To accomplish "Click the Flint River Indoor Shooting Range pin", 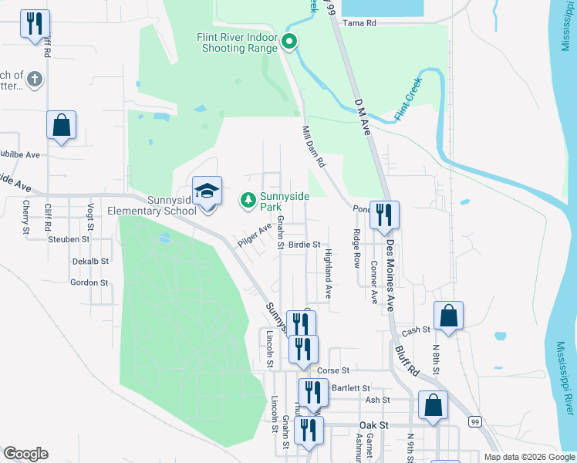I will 290,42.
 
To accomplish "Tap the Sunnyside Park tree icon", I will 248,201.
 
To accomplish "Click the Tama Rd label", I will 359,23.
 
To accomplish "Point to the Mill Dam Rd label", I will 314,147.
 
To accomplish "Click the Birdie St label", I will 304,245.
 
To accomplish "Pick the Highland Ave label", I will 328,274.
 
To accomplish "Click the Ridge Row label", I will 356,247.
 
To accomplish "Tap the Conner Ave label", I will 374,282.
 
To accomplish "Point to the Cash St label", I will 415,330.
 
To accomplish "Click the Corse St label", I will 334,370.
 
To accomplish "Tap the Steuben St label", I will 69,239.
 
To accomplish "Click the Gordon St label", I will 89,282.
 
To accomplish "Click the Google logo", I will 25,454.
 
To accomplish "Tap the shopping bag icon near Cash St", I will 447,316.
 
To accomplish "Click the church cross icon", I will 34,79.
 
